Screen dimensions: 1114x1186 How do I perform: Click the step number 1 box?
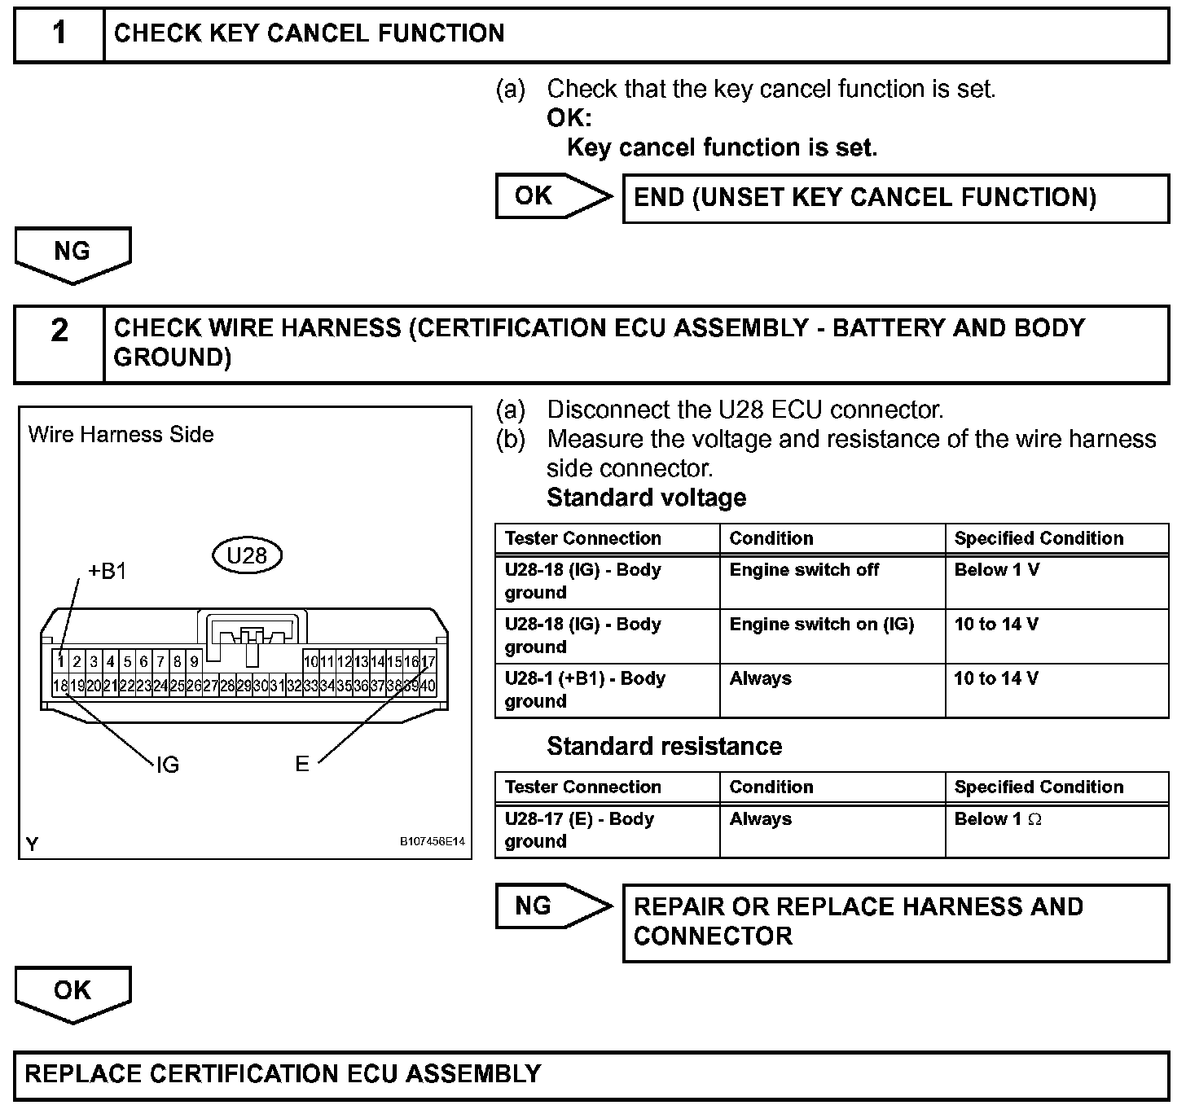coord(59,34)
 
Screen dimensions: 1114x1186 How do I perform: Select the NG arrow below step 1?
coord(72,253)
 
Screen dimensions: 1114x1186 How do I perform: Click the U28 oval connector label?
coord(247,555)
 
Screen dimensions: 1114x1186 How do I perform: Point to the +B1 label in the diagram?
coord(107,572)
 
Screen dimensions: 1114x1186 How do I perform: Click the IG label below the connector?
coord(167,765)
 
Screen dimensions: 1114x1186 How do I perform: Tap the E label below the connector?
coord(302,765)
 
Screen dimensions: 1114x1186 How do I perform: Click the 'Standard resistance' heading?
coord(664,747)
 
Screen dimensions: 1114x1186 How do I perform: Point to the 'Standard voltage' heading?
coord(646,498)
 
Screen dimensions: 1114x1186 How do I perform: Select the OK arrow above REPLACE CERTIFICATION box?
coord(72,992)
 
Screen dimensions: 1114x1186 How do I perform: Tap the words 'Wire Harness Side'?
coord(121,435)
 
